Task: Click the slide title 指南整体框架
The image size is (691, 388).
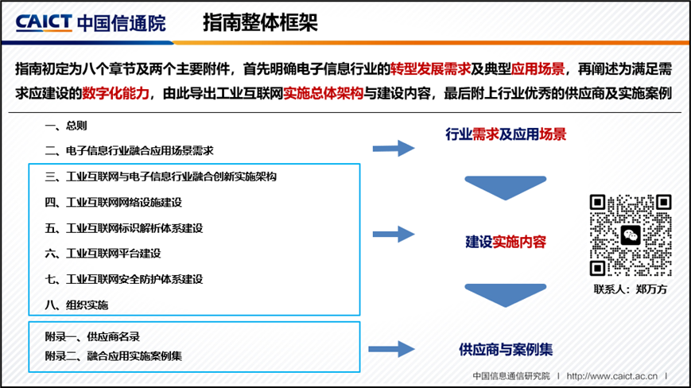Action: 260,22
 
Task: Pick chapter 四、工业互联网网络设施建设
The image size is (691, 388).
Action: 114,202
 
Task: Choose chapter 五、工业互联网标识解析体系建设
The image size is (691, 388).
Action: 124,228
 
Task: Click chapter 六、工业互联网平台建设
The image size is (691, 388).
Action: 103,254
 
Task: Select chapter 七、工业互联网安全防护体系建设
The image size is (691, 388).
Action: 124,279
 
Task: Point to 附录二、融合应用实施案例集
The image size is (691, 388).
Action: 114,355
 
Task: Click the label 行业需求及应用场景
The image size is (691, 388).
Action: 506,134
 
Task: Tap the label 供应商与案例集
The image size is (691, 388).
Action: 506,349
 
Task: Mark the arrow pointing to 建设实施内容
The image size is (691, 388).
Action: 394,235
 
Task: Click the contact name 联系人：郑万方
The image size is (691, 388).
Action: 631,289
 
